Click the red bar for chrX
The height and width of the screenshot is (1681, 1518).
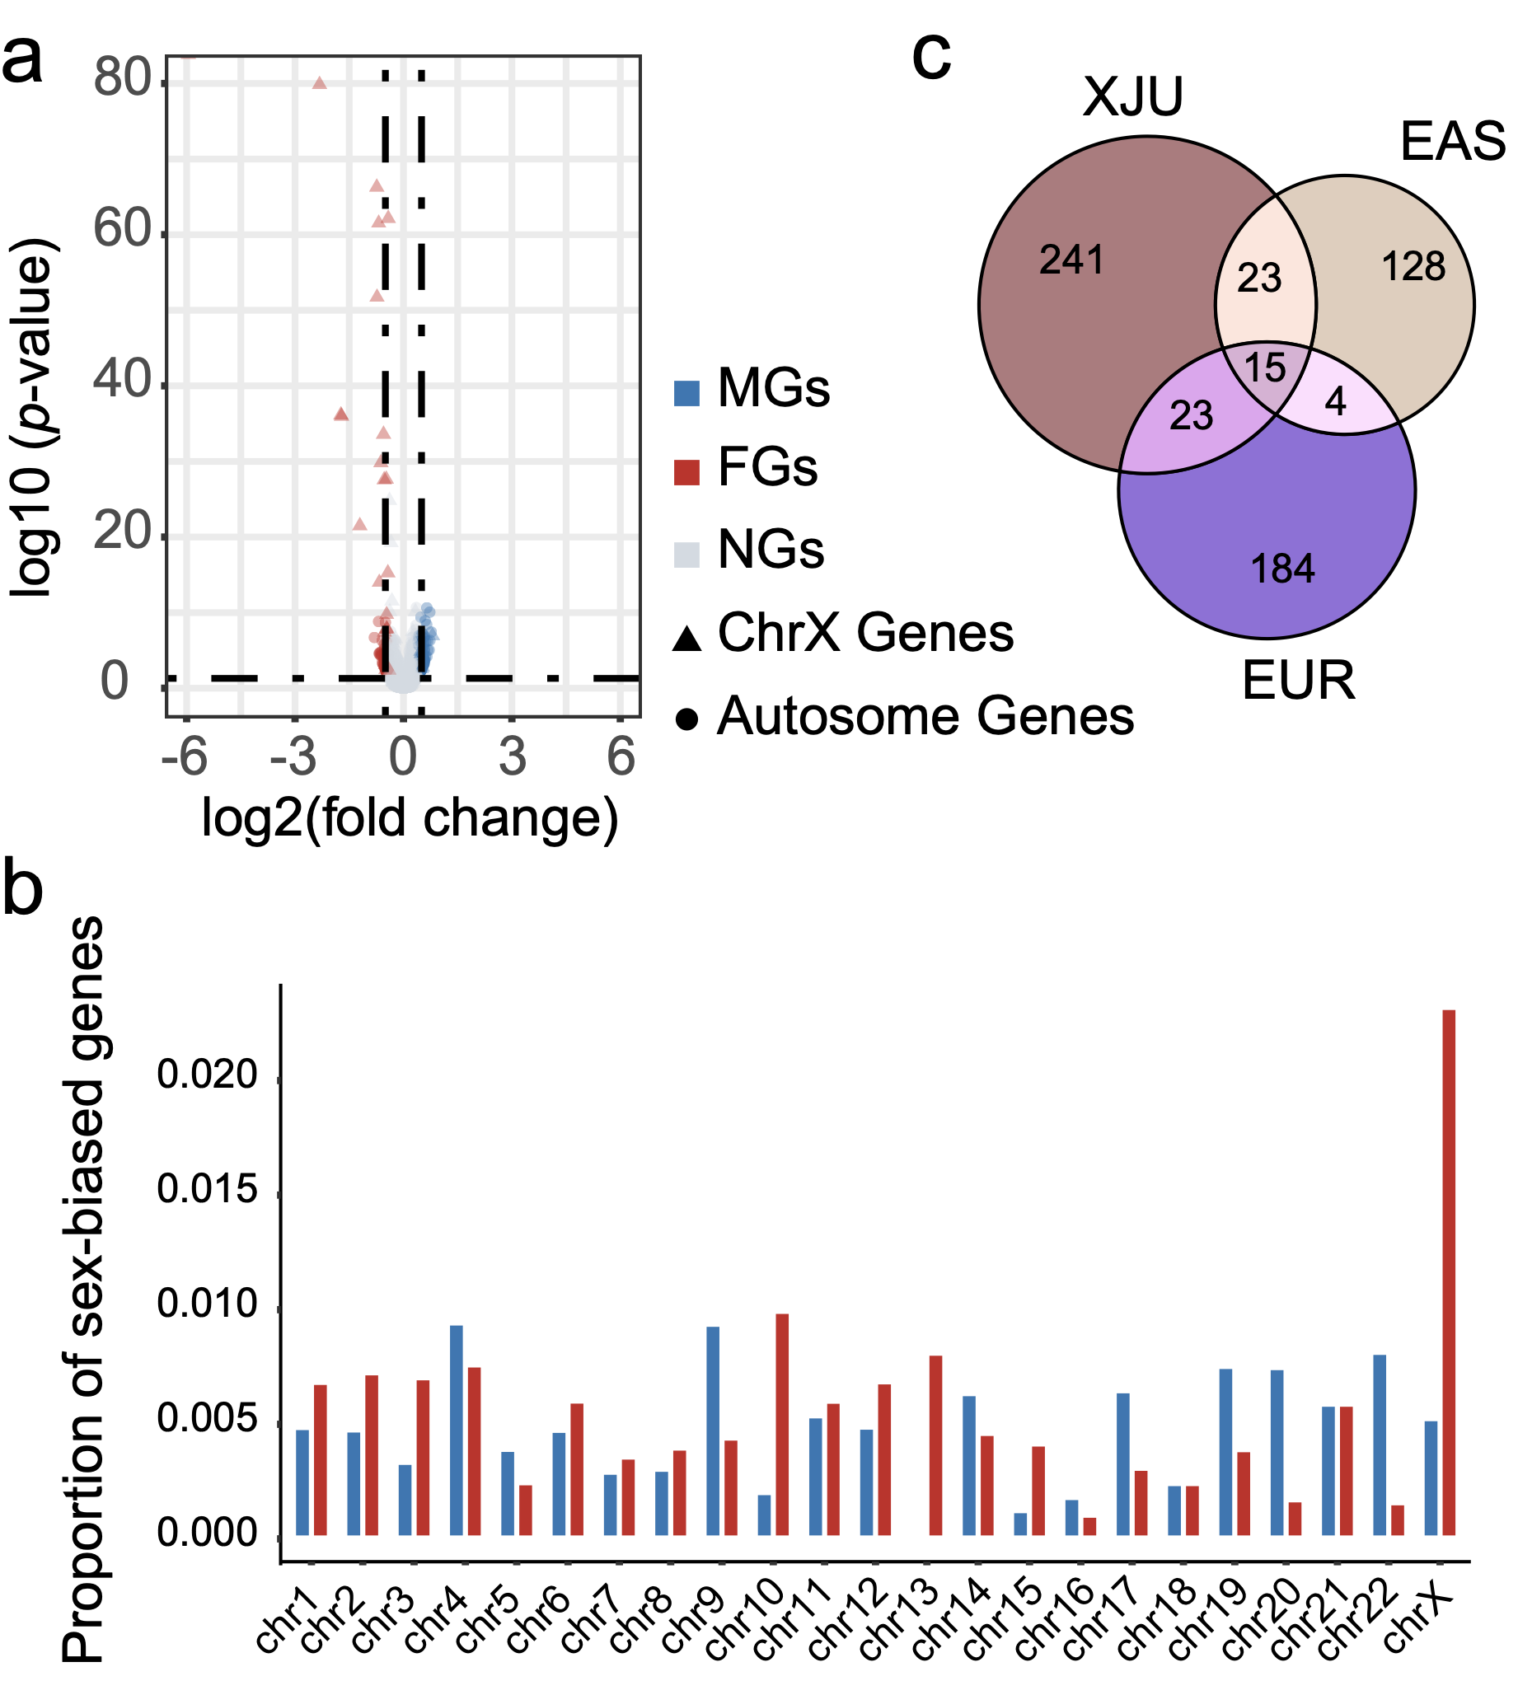1449,1276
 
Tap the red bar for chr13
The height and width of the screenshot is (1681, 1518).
936,1449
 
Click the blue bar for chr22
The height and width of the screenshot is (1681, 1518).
1380,1449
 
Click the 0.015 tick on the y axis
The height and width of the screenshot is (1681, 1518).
208,1191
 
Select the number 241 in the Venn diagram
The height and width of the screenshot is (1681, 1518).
1071,260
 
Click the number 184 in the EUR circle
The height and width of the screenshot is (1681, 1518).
1282,569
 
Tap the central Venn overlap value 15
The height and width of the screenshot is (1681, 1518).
1264,368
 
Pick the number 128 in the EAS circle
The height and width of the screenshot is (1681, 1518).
1413,267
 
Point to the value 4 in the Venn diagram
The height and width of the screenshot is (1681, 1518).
1335,403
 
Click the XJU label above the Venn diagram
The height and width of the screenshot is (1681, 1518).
1132,96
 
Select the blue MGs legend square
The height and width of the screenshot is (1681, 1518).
686,393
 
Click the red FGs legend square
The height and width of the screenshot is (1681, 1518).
686,471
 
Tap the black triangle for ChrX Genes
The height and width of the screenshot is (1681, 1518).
686,638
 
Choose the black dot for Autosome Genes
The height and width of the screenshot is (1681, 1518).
686,719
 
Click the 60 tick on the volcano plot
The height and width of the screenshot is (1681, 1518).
122,229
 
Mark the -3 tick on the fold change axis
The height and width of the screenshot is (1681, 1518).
293,757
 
